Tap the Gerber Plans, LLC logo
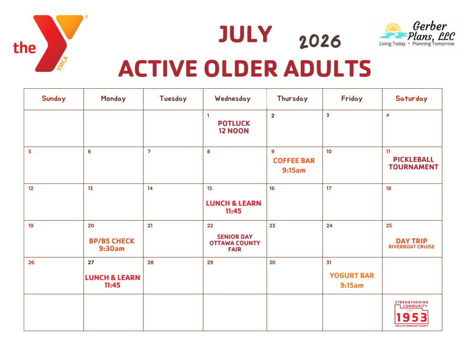(417, 34)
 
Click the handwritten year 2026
(320, 41)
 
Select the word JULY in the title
(245, 34)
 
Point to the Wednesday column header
(233, 98)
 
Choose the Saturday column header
(411, 98)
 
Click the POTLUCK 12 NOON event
(234, 127)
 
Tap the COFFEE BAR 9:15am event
(294, 165)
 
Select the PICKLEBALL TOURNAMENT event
(413, 163)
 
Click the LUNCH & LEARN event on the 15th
(233, 207)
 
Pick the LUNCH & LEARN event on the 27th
(112, 281)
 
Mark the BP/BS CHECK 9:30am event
(112, 245)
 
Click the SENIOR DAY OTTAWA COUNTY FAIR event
(234, 243)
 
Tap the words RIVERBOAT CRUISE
(411, 247)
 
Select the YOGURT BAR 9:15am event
(352, 280)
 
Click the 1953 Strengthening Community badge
(411, 314)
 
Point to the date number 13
(91, 188)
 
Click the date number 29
(210, 263)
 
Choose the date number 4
(388, 115)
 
